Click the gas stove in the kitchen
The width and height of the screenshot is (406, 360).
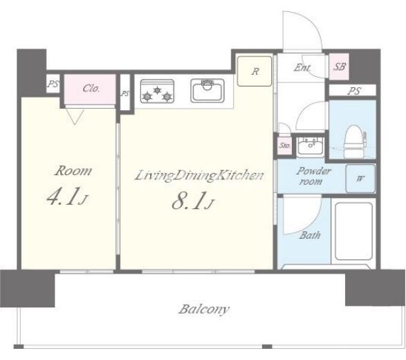[x=157, y=91]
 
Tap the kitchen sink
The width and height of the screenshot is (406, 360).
[x=207, y=91]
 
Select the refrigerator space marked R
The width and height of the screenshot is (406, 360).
[x=255, y=71]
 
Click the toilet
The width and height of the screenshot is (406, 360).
[x=355, y=142]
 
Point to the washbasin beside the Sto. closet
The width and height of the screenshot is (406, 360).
[x=310, y=146]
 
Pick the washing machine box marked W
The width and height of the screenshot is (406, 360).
[x=360, y=179]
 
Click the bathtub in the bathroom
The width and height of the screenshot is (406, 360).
[x=353, y=231]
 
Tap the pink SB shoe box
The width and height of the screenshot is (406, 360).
[x=339, y=66]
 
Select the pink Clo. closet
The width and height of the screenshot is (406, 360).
[x=90, y=89]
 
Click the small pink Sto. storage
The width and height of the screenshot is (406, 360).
[x=284, y=145]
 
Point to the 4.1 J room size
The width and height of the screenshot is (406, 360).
[x=67, y=197]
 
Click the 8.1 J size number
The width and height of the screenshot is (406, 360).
[x=193, y=201]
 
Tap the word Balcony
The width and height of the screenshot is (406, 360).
[x=204, y=309]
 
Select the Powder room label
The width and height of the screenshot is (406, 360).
[x=313, y=176]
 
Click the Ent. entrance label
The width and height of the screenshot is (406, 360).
[x=302, y=68]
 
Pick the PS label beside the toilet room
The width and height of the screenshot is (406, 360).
[x=354, y=91]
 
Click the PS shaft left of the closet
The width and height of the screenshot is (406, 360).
[x=53, y=84]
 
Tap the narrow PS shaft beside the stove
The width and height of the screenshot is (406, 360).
[x=124, y=93]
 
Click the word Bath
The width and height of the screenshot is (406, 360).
[x=310, y=235]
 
